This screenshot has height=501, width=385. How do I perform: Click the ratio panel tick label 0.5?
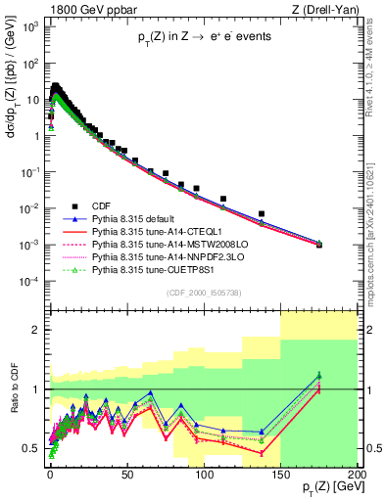click(x=36, y=448)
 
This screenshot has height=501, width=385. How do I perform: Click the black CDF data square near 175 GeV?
click(x=319, y=245)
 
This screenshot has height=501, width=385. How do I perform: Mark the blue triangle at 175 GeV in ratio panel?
click(x=319, y=376)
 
